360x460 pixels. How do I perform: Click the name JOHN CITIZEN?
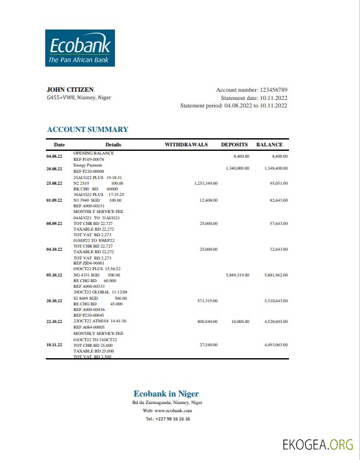point(65,89)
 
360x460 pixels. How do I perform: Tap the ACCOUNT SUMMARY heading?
point(87,129)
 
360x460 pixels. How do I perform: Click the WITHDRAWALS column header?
point(186,145)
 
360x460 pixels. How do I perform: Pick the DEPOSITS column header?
point(234,145)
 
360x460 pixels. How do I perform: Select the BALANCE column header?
point(270,145)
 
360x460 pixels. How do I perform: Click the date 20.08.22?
point(55,169)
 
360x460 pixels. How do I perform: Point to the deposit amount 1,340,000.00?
point(237,168)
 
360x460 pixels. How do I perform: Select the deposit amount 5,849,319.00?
point(237,275)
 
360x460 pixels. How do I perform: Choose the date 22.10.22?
point(55,321)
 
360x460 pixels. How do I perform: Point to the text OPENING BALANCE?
point(93,153)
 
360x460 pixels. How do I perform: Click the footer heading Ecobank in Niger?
point(166,393)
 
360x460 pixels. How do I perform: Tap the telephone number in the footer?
point(168,419)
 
